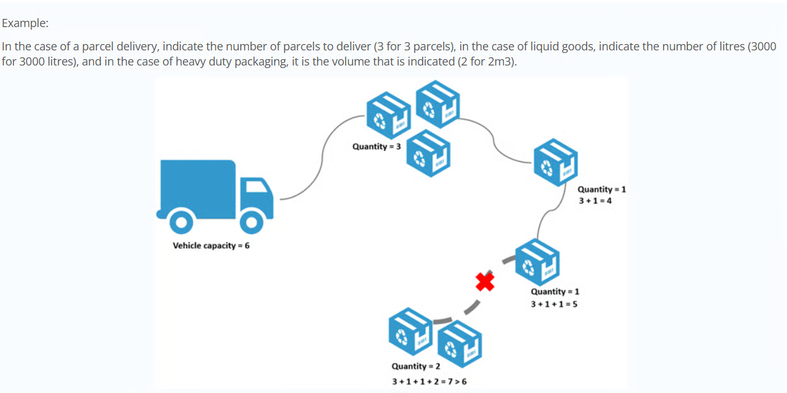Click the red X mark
(485, 282)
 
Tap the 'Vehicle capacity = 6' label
(211, 246)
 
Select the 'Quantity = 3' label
(376, 147)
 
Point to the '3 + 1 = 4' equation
(595, 202)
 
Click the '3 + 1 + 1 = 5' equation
(554, 304)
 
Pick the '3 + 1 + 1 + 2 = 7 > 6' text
(429, 382)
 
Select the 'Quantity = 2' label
(416, 367)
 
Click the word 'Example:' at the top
(25, 23)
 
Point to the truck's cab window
(255, 186)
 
